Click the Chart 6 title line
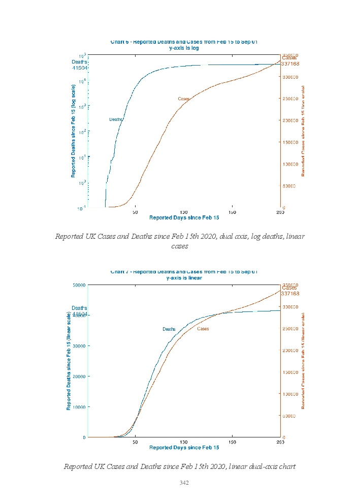pyautogui.click(x=184, y=42)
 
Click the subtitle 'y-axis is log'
pyautogui.click(x=184, y=48)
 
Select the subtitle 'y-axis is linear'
pyautogui.click(x=184, y=278)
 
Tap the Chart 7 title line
pyautogui.click(x=184, y=272)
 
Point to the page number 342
pyautogui.click(x=184, y=483)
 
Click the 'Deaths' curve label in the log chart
pyautogui.click(x=116, y=119)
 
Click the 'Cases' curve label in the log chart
pyautogui.click(x=183, y=99)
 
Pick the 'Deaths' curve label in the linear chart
pyautogui.click(x=169, y=329)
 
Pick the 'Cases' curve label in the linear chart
pyautogui.click(x=203, y=329)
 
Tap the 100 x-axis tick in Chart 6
pyautogui.click(x=184, y=212)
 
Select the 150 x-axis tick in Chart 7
pyautogui.click(x=232, y=442)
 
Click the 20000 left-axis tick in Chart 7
pyautogui.click(x=80, y=376)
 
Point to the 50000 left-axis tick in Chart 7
pyautogui.click(x=80, y=285)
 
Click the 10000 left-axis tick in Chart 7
pyautogui.click(x=80, y=407)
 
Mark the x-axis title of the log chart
pyautogui.click(x=184, y=218)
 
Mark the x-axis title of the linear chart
pyautogui.click(x=184, y=448)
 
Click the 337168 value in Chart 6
pyautogui.click(x=290, y=64)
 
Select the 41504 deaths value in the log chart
pyautogui.click(x=80, y=68)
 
